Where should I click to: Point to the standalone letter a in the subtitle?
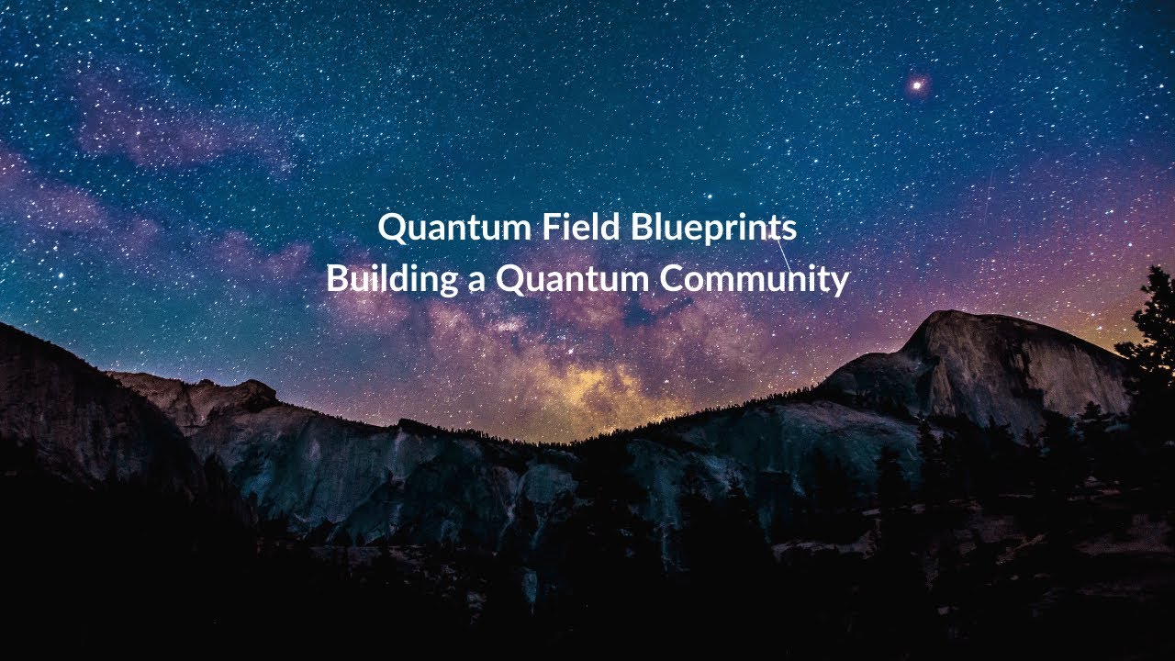coord(476,281)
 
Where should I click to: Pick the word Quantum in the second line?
coord(573,279)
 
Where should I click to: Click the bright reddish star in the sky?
coord(916,85)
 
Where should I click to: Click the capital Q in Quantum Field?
coord(392,228)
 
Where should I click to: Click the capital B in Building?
coord(336,278)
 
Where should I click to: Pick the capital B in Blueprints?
coord(640,227)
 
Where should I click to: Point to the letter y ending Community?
coord(839,283)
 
